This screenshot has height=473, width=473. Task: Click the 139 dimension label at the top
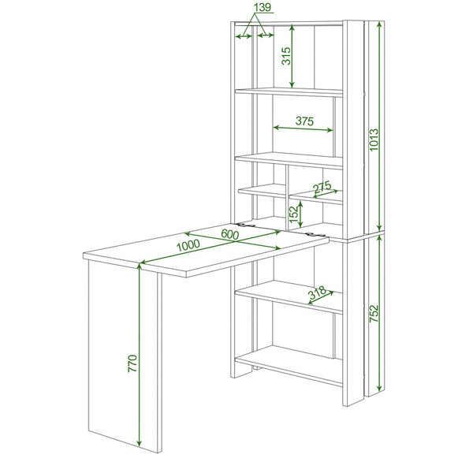tap(263, 7)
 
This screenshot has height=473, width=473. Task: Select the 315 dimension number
tap(286, 56)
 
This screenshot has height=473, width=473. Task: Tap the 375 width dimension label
tap(304, 121)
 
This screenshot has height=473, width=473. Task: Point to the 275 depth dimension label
tap(322, 187)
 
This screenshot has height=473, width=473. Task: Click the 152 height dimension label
tap(294, 214)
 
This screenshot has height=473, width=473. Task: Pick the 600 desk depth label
tap(230, 234)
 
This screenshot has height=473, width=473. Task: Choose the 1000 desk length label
tap(188, 245)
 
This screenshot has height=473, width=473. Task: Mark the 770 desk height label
tap(132, 363)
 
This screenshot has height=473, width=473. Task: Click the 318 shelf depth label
tap(317, 292)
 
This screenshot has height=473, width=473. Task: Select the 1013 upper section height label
tap(374, 140)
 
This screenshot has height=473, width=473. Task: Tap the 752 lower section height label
tap(374, 314)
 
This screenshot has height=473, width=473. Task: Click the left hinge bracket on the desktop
tap(247, 225)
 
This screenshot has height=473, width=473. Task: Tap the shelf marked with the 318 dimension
tap(289, 297)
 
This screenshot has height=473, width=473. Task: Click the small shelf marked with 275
tap(315, 197)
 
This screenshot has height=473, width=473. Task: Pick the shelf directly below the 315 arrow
tap(289, 92)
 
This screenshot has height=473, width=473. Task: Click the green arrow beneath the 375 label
tap(304, 128)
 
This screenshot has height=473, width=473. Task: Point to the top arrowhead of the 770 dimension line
tap(139, 266)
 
